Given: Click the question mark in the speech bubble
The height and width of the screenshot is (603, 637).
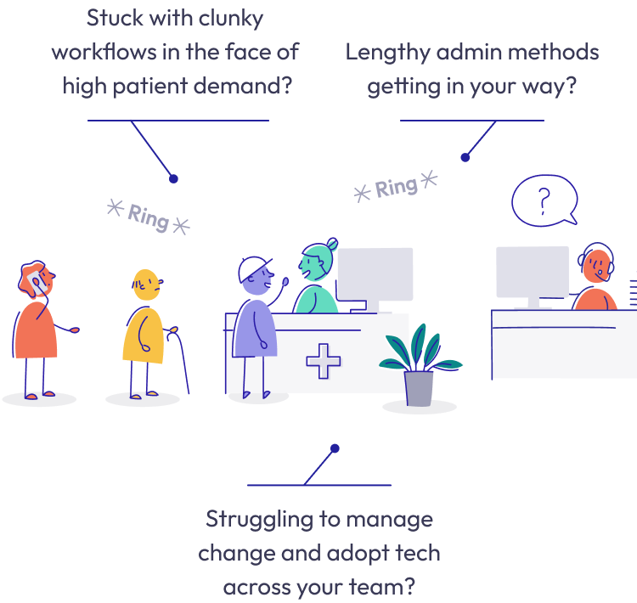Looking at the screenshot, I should (x=544, y=200).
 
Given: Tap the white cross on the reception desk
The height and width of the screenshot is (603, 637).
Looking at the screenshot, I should (x=323, y=361).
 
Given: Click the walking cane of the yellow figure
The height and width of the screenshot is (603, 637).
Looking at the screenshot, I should (x=180, y=362).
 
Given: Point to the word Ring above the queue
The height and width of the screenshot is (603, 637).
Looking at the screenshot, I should (x=148, y=217).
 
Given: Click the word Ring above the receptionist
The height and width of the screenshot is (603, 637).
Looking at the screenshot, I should (x=396, y=188).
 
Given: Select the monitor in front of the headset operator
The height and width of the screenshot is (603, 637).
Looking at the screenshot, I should (x=533, y=273).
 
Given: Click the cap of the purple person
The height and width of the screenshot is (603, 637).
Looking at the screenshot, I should (x=252, y=268).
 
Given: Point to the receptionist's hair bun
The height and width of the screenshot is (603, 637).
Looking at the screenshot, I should (x=331, y=244).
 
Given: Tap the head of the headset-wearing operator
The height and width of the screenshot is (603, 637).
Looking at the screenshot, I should (x=596, y=265).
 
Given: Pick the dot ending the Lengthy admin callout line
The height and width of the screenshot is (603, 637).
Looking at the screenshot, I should (x=465, y=157).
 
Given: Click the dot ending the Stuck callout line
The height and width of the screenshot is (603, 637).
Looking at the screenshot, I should (x=173, y=178).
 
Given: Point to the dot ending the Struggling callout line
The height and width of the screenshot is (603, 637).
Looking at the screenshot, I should (x=335, y=448).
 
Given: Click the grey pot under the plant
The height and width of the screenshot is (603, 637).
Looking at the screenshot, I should (x=419, y=387).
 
